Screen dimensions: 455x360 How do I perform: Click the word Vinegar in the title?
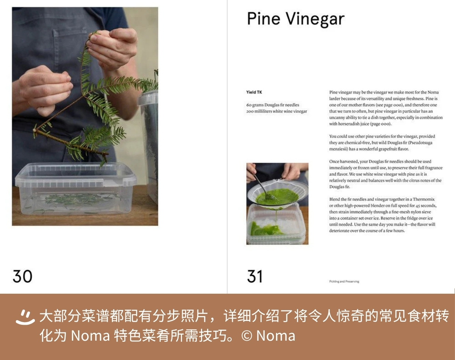pos(315,19)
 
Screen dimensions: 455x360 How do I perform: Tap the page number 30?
pos(22,276)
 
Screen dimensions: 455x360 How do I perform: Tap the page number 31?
pos(255,276)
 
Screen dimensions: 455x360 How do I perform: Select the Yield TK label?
pos(254,92)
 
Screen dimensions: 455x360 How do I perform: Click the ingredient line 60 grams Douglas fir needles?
pos(273,105)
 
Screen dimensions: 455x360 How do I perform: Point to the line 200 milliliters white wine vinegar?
pos(276,111)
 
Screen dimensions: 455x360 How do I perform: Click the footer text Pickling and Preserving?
pos(344,281)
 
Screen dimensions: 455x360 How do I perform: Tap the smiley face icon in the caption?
pos(25,317)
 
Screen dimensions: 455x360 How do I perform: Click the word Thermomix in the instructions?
pos(424,199)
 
